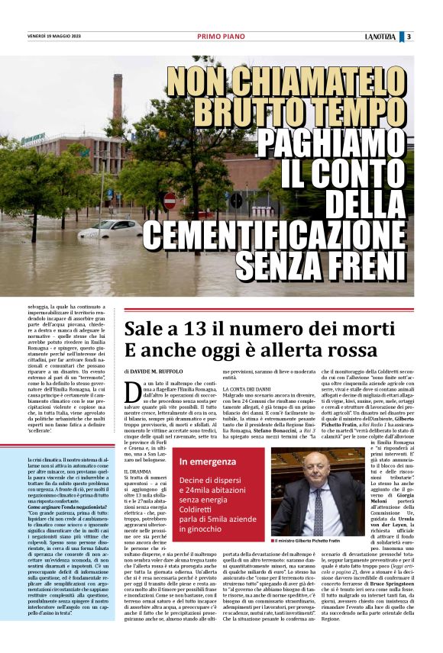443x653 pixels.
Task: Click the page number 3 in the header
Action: click(x=409, y=36)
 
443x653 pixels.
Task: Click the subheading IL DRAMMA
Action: click(x=138, y=473)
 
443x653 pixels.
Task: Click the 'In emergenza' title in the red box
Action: click(x=208, y=462)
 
